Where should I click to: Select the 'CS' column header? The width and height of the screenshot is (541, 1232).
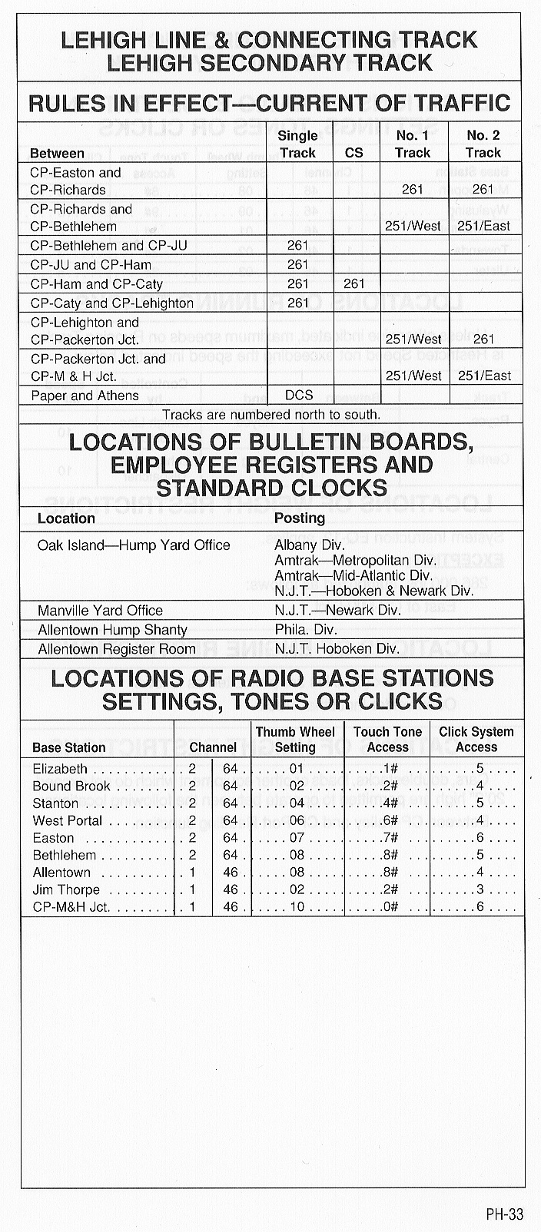[354, 153]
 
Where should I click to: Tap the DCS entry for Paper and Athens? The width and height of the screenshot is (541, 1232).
[299, 396]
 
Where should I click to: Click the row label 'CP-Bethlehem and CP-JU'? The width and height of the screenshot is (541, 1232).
[108, 246]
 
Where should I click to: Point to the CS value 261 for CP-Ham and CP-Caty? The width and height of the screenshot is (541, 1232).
[354, 284]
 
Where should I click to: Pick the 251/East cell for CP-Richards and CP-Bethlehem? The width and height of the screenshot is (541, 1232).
[483, 226]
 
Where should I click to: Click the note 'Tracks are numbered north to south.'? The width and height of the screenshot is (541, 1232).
[271, 415]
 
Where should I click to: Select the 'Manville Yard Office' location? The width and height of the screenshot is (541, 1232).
[100, 611]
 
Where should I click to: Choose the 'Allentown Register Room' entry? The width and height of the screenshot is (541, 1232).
[117, 649]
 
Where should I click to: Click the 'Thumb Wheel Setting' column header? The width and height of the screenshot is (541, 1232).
[296, 740]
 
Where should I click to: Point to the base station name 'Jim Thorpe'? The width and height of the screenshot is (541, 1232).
[66, 889]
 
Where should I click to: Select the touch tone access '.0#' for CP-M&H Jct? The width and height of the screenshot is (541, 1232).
[389, 907]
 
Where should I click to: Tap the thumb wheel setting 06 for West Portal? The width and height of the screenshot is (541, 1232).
[297, 820]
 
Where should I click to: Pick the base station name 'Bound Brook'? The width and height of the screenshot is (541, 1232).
[71, 786]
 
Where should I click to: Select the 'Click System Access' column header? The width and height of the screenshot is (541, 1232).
[476, 740]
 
